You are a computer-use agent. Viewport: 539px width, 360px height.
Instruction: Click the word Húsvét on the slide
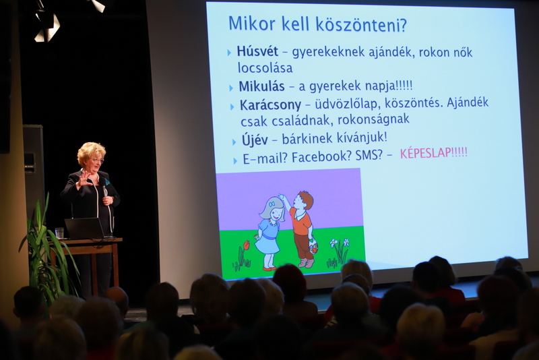tap(257, 51)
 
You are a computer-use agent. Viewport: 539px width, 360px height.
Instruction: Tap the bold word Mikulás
tap(261, 86)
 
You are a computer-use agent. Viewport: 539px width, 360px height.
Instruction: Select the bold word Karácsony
tap(270, 105)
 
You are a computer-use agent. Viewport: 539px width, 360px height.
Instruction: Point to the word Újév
tap(255, 140)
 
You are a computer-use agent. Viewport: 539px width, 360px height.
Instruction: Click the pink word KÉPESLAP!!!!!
tap(434, 153)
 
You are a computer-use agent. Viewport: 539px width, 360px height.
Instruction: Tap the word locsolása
tap(265, 67)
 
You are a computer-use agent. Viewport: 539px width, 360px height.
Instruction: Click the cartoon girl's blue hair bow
tap(272, 204)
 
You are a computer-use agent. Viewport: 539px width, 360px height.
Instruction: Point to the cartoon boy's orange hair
tap(306, 198)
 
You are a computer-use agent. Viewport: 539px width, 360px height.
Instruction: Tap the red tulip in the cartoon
tap(246, 245)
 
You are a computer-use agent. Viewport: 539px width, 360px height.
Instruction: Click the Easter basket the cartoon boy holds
tap(313, 246)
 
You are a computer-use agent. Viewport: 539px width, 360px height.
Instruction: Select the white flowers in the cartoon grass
tap(340, 243)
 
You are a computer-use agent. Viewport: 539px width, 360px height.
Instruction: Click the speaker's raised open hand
tap(84, 179)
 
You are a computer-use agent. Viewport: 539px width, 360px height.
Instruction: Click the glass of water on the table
tap(59, 233)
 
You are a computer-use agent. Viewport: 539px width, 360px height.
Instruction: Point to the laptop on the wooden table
tap(85, 228)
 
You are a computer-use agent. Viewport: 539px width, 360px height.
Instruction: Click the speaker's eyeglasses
tap(97, 160)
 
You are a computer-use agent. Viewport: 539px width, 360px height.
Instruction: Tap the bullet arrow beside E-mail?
tap(235, 160)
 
